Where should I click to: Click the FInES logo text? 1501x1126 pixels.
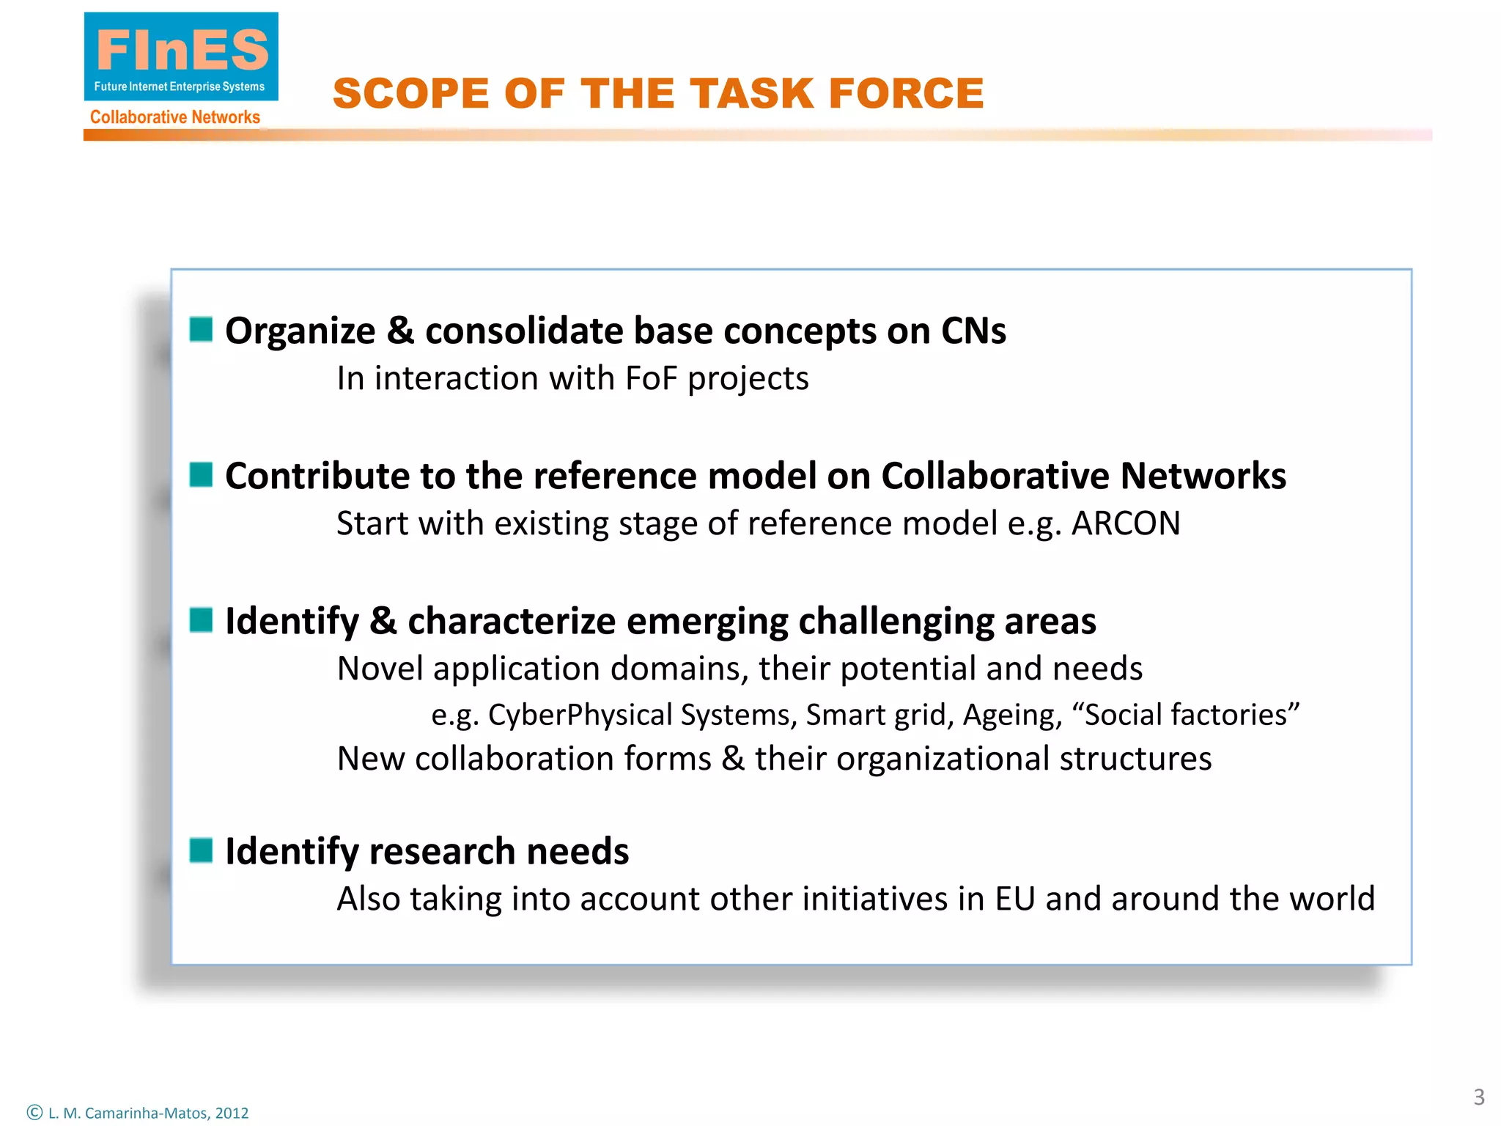[182, 50]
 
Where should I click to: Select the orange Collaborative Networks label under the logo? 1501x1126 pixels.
[174, 117]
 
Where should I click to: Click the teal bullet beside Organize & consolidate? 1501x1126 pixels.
[201, 330]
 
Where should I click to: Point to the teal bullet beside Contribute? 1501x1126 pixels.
[201, 475]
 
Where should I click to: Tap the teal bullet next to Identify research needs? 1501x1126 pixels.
[201, 850]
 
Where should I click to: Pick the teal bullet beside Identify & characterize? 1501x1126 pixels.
[201, 620]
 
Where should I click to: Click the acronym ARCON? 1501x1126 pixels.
[1126, 523]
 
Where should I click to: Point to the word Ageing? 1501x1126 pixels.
[1012, 715]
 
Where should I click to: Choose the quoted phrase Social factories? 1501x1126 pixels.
[1186, 715]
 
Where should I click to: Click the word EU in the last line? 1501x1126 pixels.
[1014, 899]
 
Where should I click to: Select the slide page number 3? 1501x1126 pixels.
[1479, 1097]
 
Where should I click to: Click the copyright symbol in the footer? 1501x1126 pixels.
[34, 1112]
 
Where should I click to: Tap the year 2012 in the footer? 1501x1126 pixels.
[232, 1113]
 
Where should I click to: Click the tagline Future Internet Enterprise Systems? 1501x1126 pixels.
[180, 87]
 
